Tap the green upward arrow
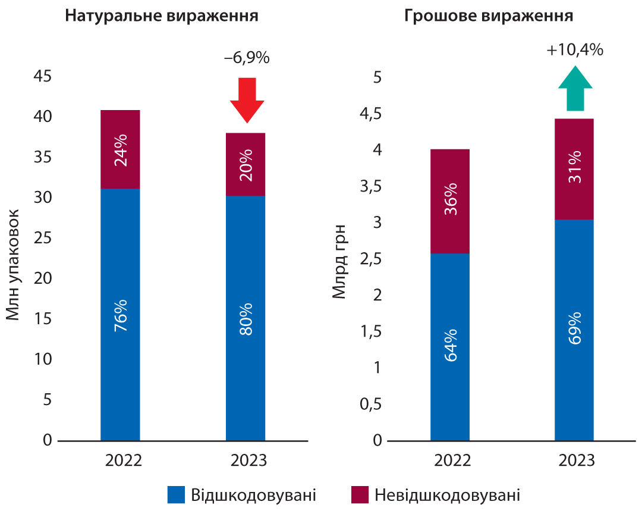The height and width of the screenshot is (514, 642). [575, 89]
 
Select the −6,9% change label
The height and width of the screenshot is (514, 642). [247, 58]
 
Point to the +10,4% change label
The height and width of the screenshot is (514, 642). [575, 50]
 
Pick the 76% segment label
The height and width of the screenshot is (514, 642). [121, 315]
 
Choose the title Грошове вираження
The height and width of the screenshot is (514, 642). [489, 16]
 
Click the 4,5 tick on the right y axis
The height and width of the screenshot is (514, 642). [369, 114]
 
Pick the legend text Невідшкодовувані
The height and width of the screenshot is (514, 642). [447, 495]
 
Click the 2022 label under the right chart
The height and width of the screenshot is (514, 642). [450, 461]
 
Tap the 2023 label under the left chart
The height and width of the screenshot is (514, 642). [246, 461]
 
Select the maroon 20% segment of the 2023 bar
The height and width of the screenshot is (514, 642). [246, 164]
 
